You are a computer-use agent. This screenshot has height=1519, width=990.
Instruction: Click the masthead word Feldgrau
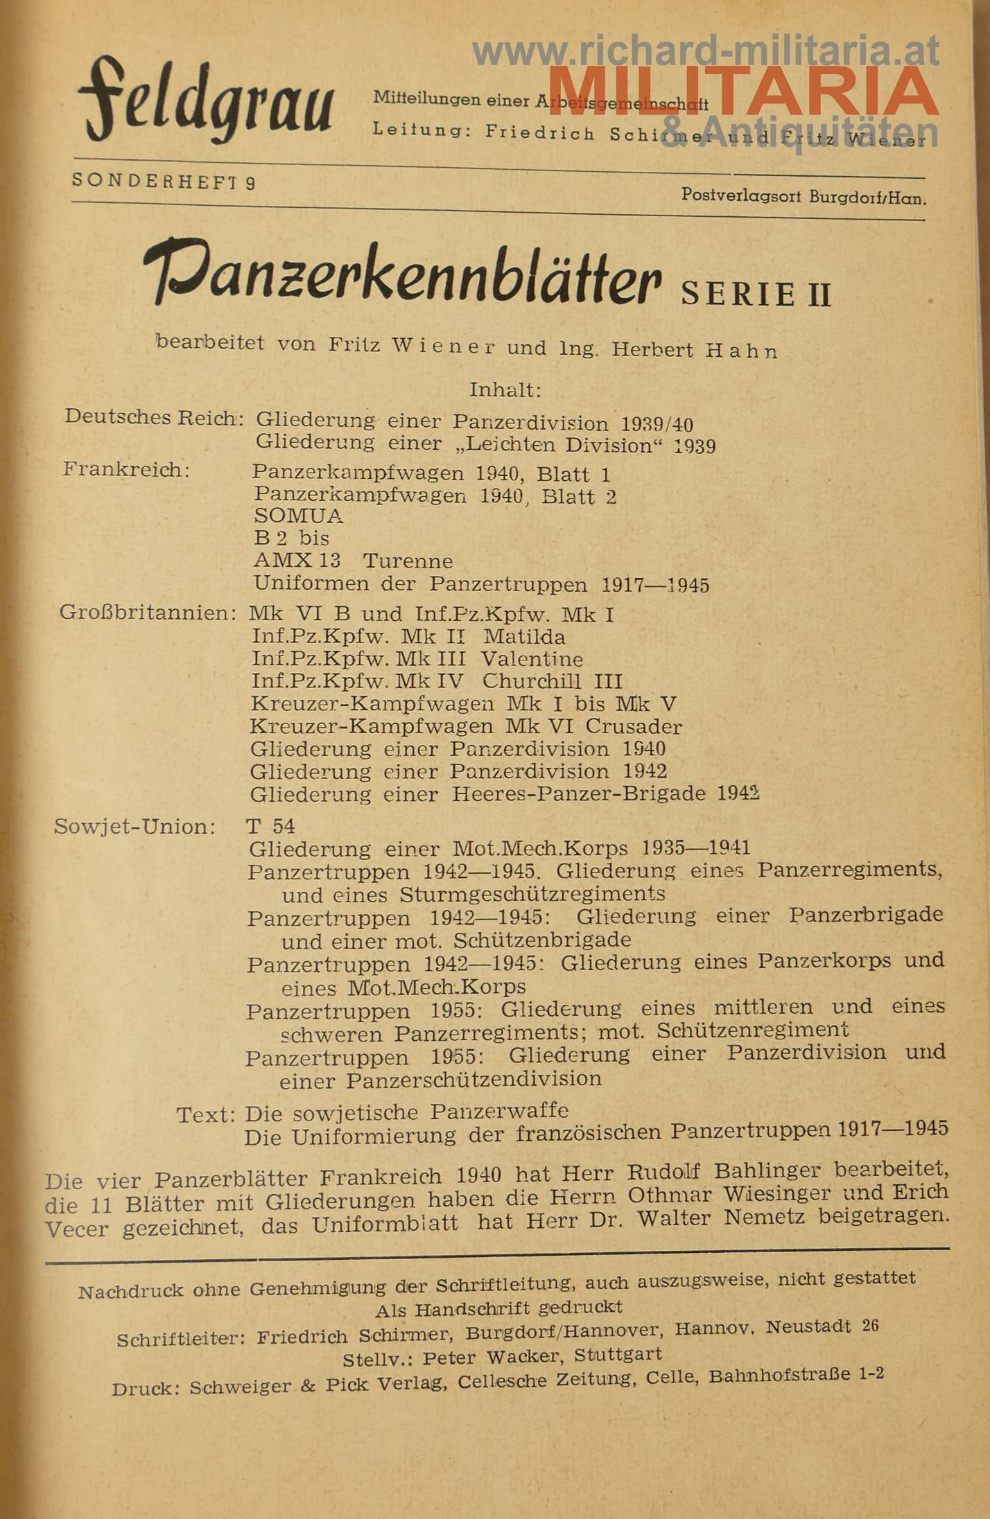pos(205,100)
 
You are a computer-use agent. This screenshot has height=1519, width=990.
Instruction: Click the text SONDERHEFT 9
pos(164,182)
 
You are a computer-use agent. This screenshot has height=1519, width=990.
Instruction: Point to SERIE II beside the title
pos(756,295)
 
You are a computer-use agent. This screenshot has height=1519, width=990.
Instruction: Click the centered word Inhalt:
pos(504,390)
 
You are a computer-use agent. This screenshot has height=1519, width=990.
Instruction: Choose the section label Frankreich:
pos(126,470)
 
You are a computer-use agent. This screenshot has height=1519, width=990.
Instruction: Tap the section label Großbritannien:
pos(148,613)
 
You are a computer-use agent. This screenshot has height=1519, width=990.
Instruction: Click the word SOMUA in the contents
pos(298,516)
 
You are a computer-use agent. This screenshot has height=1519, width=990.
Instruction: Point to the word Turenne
pos(408,561)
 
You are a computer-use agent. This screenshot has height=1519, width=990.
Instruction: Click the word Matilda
pos(524,636)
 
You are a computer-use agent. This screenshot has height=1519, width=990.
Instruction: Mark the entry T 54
pos(270,826)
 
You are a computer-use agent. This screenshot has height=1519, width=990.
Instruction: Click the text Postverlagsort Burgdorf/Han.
pos(804,197)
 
